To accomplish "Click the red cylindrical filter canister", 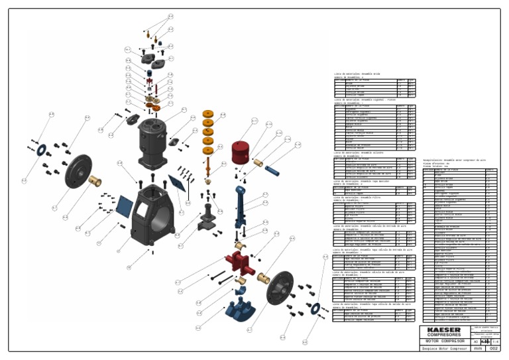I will click(x=243, y=154).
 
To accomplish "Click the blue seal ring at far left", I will click(x=40, y=150).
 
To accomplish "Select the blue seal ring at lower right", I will click(x=315, y=306).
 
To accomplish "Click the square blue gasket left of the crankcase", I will click(x=123, y=205).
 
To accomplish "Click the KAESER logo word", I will click(x=445, y=330).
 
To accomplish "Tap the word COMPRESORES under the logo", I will click(x=445, y=335).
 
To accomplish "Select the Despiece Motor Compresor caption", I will click(x=442, y=348).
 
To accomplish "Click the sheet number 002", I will click(x=493, y=348).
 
